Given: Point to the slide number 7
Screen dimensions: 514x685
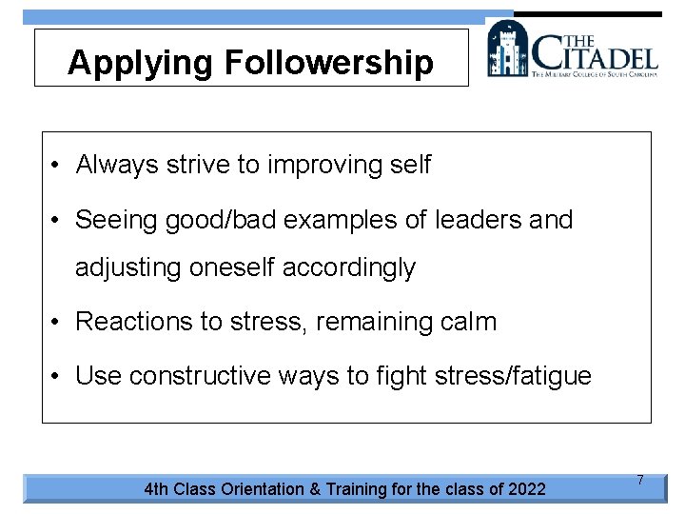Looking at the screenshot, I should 640,481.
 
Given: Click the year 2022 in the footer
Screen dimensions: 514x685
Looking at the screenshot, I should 527,489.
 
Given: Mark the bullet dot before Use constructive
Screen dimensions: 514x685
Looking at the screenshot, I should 57,377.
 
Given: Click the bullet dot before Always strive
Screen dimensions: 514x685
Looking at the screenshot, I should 57,166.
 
